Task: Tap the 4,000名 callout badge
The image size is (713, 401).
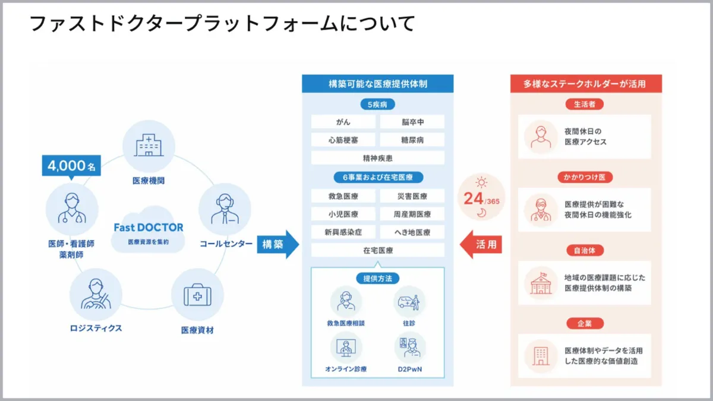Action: point(71,167)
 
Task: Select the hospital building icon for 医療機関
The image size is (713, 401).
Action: point(148,146)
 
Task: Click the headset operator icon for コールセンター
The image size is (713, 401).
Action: point(224,209)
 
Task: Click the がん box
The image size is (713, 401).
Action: point(343,122)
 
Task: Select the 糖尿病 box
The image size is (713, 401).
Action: point(412,140)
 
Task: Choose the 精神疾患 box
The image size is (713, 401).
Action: point(377,158)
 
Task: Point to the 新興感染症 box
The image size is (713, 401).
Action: point(343,232)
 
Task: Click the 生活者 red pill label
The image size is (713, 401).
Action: point(584,104)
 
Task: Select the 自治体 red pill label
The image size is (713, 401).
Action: point(584,251)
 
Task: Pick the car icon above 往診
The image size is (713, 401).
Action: point(409,301)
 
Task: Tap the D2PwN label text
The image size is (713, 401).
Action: point(409,369)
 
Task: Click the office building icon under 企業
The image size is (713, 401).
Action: point(541,355)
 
